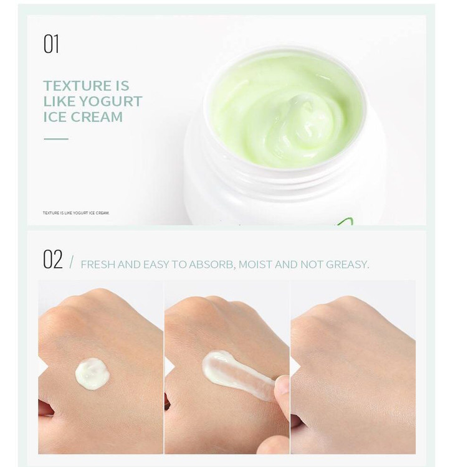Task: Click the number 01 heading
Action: click(x=51, y=44)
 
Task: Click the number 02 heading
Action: click(x=53, y=259)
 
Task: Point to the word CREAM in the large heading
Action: click(x=97, y=117)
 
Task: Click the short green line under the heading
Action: click(x=56, y=139)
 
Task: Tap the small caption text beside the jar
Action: click(x=76, y=213)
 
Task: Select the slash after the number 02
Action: click(x=71, y=262)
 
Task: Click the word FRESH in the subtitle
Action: click(x=98, y=265)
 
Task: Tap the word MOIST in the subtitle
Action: click(x=255, y=265)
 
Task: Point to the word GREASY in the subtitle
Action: click(x=348, y=265)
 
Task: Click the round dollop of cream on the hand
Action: click(x=92, y=374)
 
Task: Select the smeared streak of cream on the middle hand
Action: click(x=237, y=375)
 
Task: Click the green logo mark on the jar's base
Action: click(x=346, y=222)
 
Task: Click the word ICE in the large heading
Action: click(x=55, y=117)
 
